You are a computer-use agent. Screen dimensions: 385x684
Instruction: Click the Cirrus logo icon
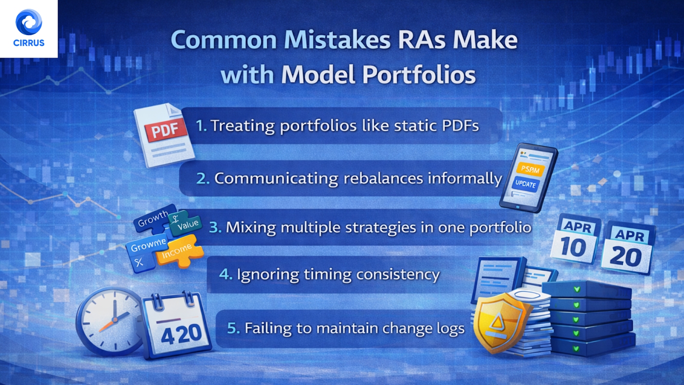coord(29,22)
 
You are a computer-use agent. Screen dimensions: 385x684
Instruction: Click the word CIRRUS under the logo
coord(29,43)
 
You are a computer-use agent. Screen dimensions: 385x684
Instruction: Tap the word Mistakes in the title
coord(337,40)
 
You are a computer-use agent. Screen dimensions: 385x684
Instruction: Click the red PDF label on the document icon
coord(165,130)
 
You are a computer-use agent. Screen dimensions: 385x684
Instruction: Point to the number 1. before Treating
coord(201,126)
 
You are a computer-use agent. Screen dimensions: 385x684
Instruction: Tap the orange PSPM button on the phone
coord(530,169)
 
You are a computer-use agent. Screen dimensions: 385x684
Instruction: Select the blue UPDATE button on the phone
coord(525,184)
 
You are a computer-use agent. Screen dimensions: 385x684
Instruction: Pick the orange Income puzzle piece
coord(177,252)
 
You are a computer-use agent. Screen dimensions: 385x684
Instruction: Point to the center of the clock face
coord(114,320)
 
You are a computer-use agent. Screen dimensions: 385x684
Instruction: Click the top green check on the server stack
coord(577,290)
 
